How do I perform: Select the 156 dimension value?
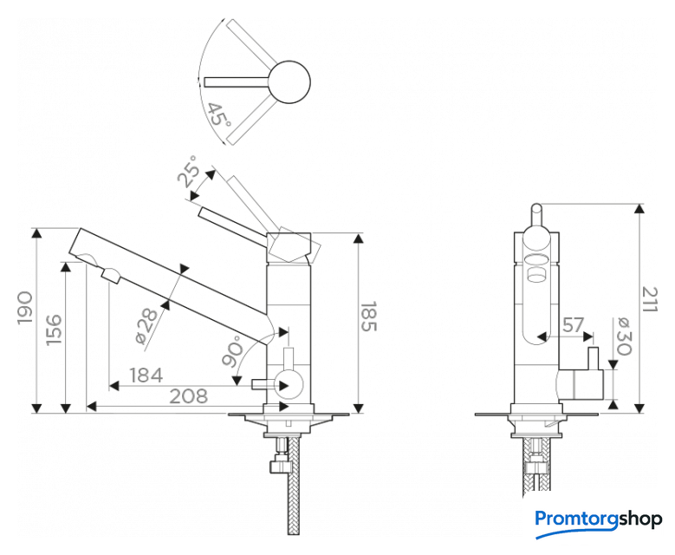point(53,330)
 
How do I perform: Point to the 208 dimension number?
point(188,396)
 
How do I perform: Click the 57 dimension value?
point(574,325)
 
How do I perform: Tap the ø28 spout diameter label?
point(149,326)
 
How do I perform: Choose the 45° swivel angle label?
point(217,114)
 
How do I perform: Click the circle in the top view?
point(290,82)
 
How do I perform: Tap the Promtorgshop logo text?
point(599,519)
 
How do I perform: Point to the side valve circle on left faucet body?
point(287,382)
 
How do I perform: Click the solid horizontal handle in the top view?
point(238,82)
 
